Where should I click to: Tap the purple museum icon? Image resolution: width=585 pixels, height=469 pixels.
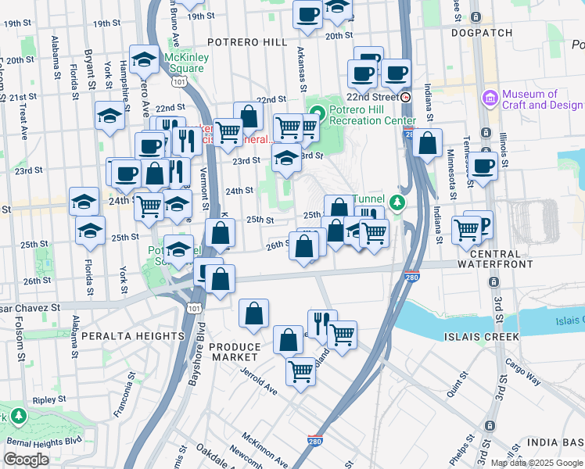click(490, 98)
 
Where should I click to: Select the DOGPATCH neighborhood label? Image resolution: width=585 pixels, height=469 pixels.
click(482, 33)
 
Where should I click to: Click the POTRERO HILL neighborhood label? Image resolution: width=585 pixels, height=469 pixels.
click(246, 41)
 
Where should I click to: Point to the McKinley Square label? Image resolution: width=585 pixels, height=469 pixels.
click(185, 63)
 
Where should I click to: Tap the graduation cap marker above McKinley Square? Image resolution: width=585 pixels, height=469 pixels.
click(144, 60)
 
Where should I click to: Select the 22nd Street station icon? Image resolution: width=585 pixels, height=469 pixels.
click(406, 97)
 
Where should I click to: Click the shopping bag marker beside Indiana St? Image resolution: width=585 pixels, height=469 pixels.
click(428, 144)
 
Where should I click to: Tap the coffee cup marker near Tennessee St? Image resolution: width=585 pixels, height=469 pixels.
click(483, 166)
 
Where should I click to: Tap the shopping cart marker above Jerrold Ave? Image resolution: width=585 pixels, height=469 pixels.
click(300, 371)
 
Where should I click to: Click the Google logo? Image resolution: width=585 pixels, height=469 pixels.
click(26, 460)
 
